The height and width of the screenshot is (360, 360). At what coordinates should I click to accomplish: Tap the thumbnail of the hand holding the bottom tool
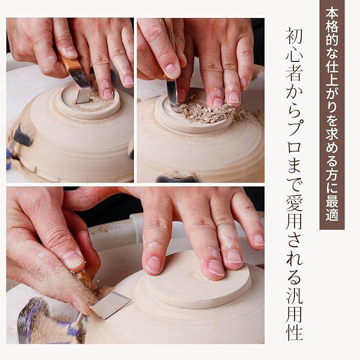click(73, 259)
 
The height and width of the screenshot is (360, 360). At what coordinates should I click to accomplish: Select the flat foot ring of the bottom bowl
click(199, 282)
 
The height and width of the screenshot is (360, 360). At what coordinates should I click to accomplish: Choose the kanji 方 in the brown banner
click(332, 174)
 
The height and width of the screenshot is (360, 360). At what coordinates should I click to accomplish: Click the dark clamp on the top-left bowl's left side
click(22, 135)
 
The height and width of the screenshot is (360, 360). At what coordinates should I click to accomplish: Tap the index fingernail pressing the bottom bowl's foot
click(153, 264)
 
